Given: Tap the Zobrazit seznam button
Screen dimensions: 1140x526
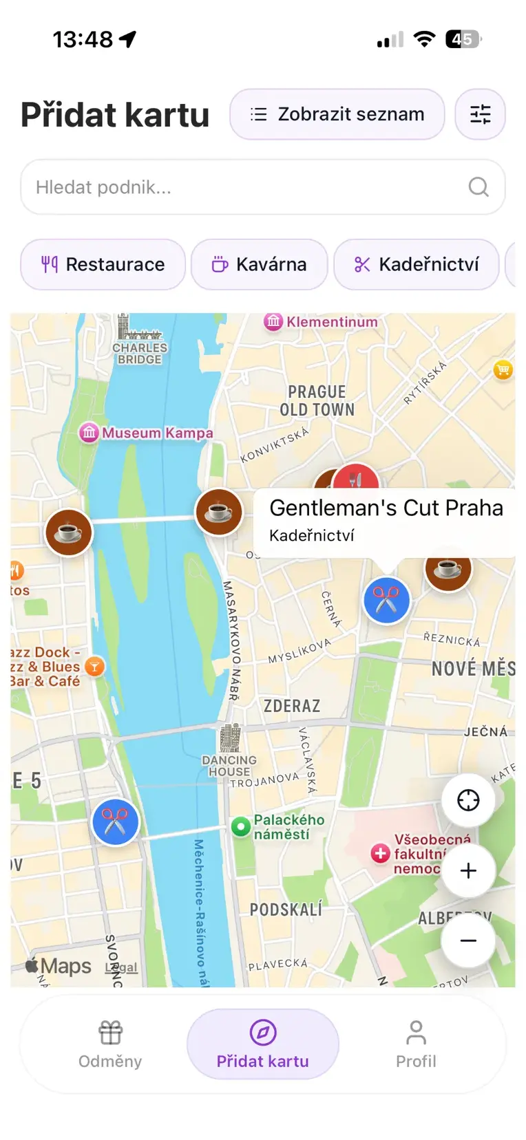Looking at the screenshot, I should [x=337, y=114].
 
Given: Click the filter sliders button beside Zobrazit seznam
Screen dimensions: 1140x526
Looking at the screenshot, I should [x=480, y=114].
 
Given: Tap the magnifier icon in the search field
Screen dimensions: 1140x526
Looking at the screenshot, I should [x=478, y=187].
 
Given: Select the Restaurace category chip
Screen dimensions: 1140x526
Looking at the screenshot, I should [x=103, y=264].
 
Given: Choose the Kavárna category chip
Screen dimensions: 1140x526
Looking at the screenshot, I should [x=259, y=264].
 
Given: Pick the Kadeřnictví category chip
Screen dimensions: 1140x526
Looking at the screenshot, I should [x=416, y=264].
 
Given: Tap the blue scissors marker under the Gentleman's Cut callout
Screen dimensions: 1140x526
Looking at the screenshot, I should [x=386, y=601].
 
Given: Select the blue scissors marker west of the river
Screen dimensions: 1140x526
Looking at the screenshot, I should [x=115, y=822].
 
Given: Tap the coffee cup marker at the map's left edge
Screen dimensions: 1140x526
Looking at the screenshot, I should [x=69, y=533].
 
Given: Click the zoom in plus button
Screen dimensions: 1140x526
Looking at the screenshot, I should [x=468, y=870].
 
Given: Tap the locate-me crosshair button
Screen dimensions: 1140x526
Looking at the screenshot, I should [x=468, y=800].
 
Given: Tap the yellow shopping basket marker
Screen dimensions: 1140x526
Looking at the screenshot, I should [x=503, y=370].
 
